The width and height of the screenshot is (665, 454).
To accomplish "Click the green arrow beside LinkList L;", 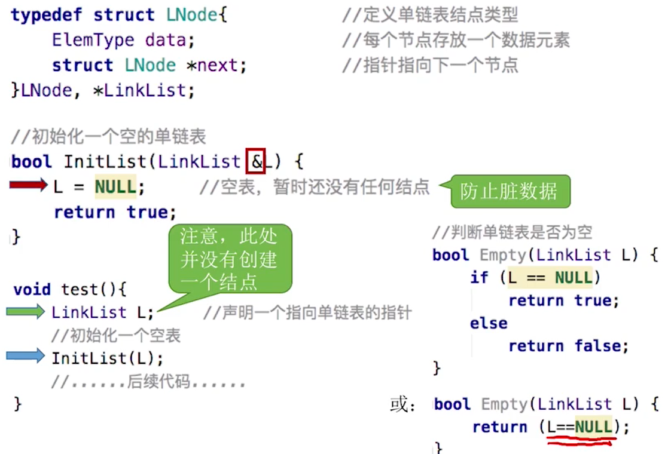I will coord(26,311).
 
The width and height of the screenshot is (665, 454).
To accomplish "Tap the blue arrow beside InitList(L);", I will coord(26,357).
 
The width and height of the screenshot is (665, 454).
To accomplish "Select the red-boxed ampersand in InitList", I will coord(255,162).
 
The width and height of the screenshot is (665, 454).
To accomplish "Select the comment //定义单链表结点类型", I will coord(430,15).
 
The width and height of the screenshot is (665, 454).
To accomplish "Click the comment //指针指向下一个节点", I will coord(430,65).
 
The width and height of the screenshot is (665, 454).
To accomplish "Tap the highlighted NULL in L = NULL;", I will coord(115,187).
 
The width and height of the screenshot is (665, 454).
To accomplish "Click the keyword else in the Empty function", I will coord(488,323).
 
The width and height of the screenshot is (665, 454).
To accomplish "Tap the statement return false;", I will coord(568,346).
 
